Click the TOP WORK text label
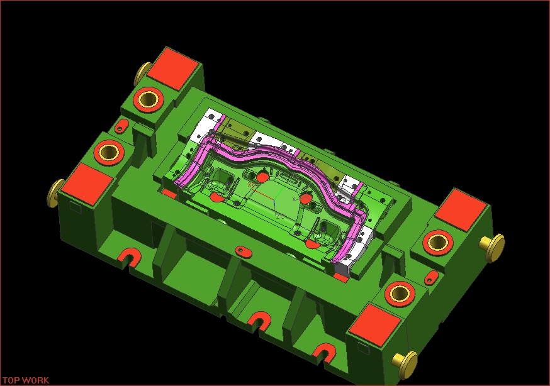tap(26, 380)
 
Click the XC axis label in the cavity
tap(252, 185)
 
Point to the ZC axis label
tap(280, 216)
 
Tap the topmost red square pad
tap(173, 69)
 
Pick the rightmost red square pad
tap(461, 210)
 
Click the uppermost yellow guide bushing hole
tap(148, 99)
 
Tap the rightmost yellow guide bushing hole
tap(437, 242)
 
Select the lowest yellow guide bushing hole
tap(400, 293)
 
